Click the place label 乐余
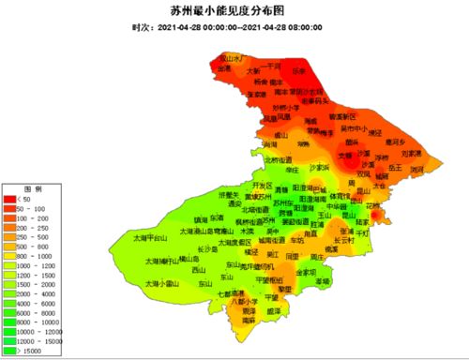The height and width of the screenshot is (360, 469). [x=299, y=69]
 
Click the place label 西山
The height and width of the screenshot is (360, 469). [x=198, y=270]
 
